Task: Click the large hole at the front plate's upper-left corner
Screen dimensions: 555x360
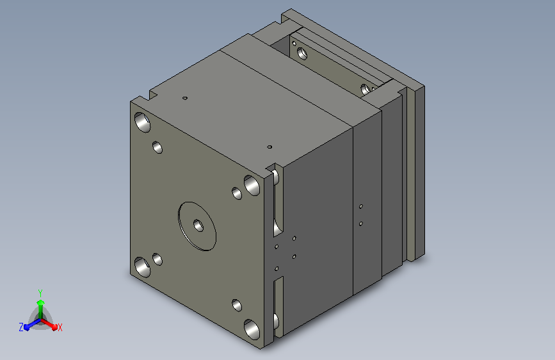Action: [x=142, y=122]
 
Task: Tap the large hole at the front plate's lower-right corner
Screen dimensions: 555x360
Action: [x=252, y=329]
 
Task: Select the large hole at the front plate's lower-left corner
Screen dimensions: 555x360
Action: [x=142, y=267]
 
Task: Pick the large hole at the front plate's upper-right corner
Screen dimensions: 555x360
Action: [x=252, y=185]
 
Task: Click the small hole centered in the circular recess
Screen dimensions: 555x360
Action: [x=198, y=225]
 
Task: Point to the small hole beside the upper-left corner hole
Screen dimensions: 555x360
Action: [x=157, y=147]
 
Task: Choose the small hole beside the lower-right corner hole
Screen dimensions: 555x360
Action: [x=237, y=305]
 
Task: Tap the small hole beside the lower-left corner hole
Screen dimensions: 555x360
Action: [x=157, y=259]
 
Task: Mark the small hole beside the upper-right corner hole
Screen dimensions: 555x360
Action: [x=237, y=193]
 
